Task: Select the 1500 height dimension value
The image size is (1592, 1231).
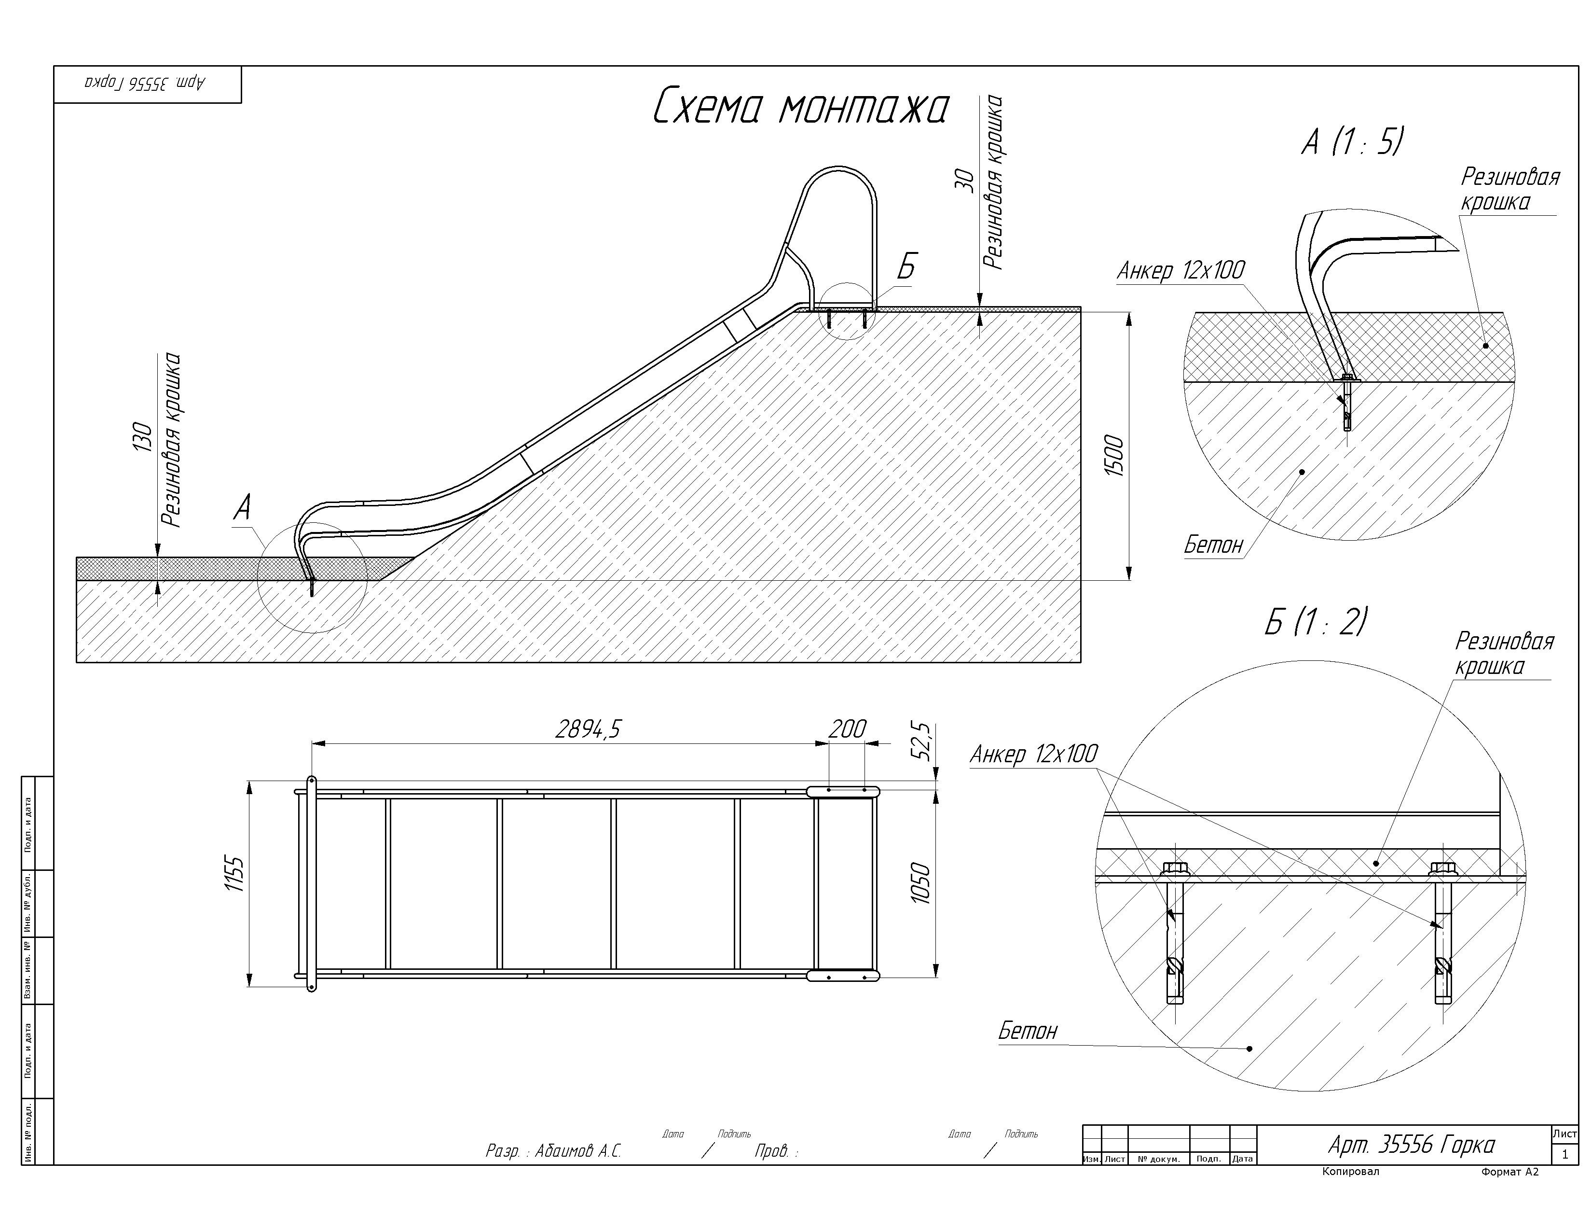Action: (x=1114, y=455)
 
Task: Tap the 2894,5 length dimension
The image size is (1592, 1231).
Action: (x=588, y=728)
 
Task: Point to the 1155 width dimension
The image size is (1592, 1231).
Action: (x=233, y=873)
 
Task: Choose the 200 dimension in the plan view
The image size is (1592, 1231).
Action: (x=848, y=728)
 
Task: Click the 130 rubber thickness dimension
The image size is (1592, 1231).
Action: (x=142, y=437)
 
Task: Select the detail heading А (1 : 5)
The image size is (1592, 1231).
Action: (x=1352, y=141)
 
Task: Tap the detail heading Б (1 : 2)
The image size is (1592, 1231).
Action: (x=1316, y=621)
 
